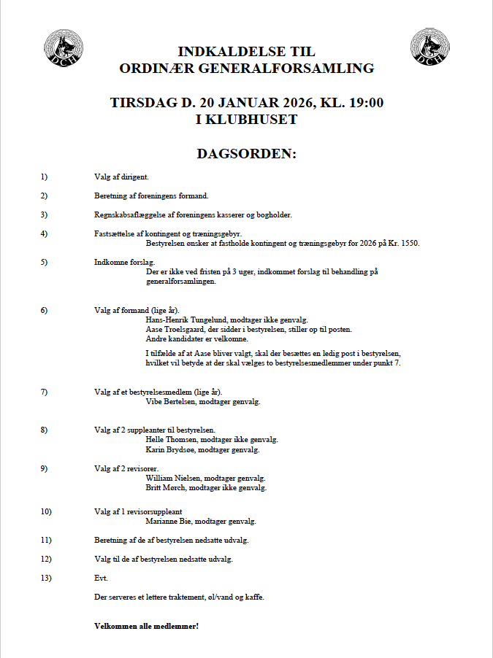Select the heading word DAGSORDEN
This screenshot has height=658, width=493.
tap(246, 154)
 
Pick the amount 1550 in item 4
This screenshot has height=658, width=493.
tap(410, 243)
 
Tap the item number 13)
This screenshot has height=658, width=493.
tap(46, 578)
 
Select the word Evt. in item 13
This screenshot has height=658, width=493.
tap(101, 578)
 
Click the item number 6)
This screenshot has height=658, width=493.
tap(44, 310)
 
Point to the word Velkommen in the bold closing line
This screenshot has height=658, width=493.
tap(114, 627)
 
